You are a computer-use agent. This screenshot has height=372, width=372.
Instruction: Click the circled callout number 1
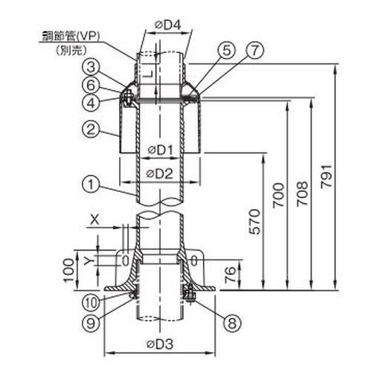coord(91,184)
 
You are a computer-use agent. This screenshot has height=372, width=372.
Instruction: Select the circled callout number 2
coord(91,129)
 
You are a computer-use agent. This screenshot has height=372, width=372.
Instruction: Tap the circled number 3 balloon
coord(91,67)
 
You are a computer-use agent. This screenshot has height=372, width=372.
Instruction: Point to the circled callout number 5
coord(226,51)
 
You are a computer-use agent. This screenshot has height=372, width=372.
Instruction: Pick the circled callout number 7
coord(254,51)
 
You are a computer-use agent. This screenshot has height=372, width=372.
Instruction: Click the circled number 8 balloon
coord(232,323)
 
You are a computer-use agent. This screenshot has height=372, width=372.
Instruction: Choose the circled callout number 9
coord(91,323)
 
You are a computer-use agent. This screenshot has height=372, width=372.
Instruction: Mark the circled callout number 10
coord(91,303)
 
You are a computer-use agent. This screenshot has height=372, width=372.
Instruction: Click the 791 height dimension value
coord(325,176)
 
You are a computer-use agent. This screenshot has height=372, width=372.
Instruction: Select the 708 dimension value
coord(302,193)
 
